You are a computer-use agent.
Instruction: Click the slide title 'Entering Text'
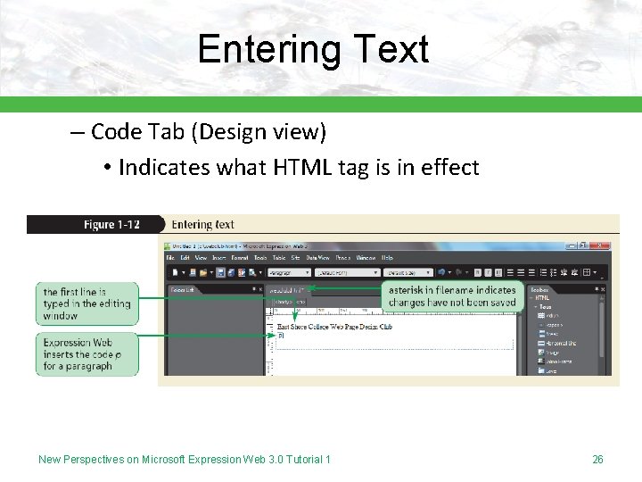tap(313, 49)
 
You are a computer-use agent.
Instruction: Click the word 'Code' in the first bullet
tap(118, 132)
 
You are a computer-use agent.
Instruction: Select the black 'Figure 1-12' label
tap(111, 224)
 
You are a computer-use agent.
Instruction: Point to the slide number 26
tap(597, 460)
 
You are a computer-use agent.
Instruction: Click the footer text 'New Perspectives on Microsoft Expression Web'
tap(184, 460)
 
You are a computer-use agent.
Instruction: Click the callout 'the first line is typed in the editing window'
tap(86, 303)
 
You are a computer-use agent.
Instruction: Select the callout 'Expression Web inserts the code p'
tap(86, 353)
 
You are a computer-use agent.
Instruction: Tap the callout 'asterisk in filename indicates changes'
tap(452, 296)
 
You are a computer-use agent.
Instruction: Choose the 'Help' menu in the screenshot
tap(387, 257)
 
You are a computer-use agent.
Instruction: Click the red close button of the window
tap(602, 244)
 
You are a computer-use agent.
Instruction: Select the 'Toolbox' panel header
tap(541, 289)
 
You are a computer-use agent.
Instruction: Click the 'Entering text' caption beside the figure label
tap(202, 224)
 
